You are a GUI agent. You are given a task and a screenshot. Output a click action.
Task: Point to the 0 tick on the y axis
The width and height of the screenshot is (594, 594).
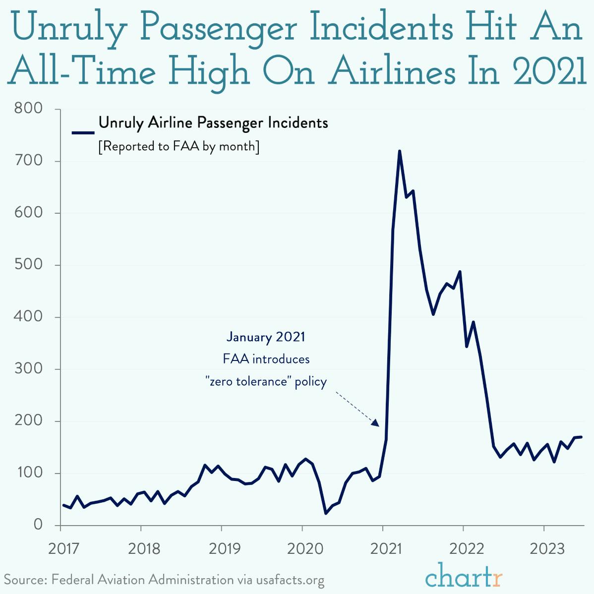[x=38, y=525]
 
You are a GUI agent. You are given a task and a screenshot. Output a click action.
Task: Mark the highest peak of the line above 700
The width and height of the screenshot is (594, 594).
[x=399, y=151]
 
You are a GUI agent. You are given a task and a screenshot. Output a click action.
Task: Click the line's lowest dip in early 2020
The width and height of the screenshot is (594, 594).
[x=326, y=513]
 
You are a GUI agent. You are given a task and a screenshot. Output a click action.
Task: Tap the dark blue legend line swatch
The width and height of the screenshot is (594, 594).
[x=83, y=132]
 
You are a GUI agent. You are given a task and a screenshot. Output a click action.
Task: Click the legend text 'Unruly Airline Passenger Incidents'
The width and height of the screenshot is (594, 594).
[x=213, y=122]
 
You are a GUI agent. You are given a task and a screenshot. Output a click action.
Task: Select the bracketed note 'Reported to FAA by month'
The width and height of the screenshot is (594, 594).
[x=178, y=147]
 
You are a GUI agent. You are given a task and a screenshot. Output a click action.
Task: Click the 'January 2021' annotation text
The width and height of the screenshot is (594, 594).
[x=266, y=337]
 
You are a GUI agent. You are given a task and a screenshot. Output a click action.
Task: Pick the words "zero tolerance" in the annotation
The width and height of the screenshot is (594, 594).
[x=248, y=381]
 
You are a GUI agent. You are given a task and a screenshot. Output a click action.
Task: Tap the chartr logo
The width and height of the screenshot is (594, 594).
[x=464, y=577]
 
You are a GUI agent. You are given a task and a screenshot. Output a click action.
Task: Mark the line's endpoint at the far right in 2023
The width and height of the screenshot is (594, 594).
[x=582, y=437]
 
